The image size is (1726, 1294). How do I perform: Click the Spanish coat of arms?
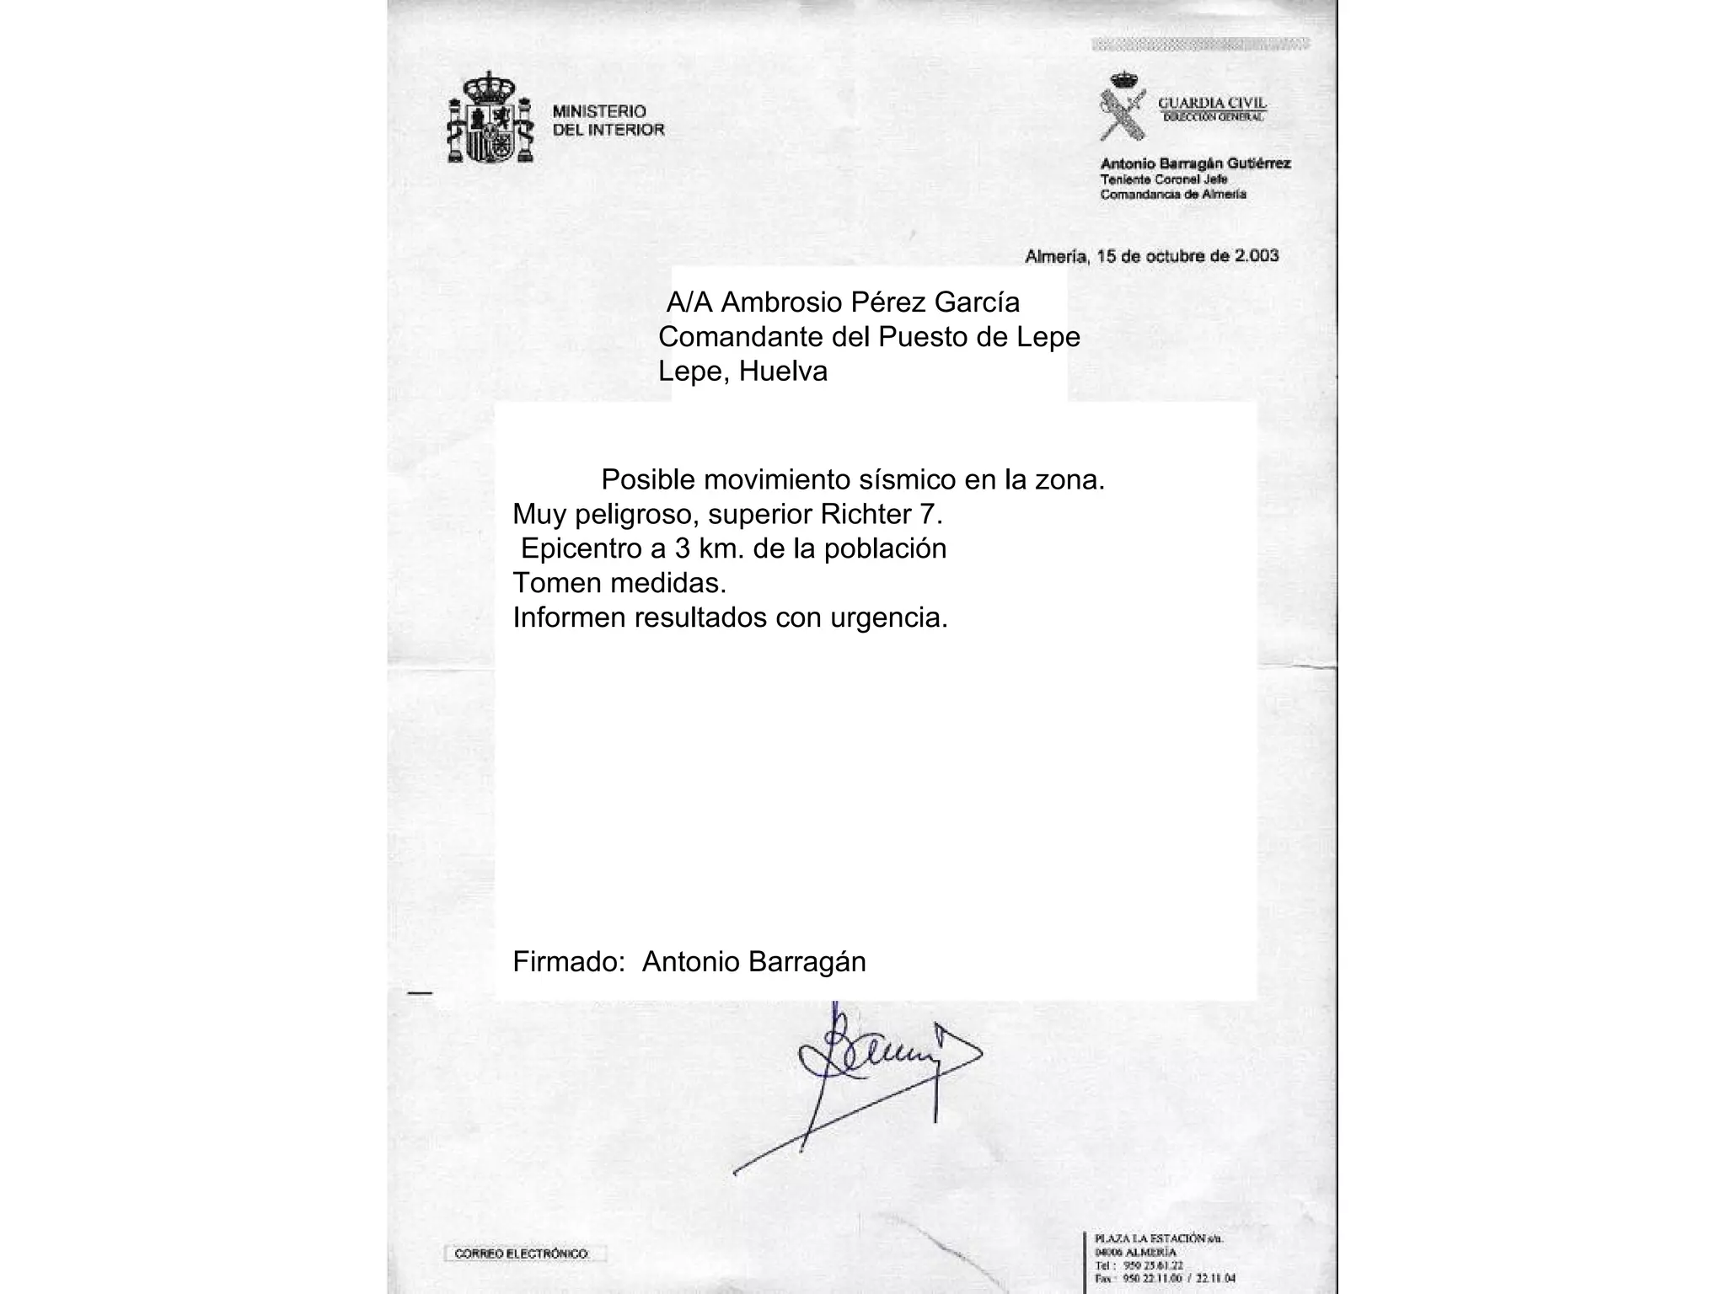point(490,119)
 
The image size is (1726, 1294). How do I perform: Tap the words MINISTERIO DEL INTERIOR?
point(608,120)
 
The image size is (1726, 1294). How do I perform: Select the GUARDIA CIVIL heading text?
point(1212,103)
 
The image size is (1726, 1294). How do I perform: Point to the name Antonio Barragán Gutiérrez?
point(1195,163)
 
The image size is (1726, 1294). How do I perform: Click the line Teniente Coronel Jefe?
point(1163,179)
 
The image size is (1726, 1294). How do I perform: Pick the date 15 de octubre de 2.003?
point(1187,255)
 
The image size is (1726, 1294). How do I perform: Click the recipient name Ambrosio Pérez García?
point(870,302)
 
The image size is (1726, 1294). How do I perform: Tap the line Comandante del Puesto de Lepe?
point(868,336)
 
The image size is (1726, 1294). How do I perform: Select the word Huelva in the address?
point(783,371)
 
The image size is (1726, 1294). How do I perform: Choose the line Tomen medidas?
point(619,583)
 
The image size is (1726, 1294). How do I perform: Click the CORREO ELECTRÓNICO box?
point(523,1254)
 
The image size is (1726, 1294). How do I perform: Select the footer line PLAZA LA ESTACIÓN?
point(1158,1238)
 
